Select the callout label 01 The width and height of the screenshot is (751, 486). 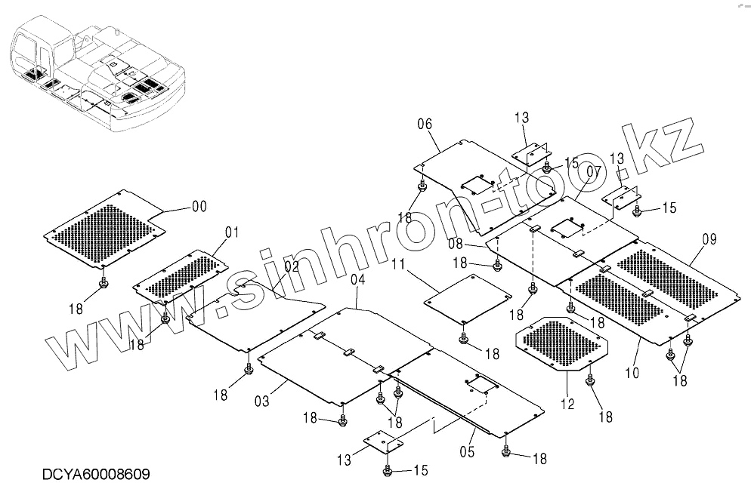[x=231, y=232]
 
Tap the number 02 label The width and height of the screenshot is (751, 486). [x=292, y=266]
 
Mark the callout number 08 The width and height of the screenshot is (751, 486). [x=708, y=240]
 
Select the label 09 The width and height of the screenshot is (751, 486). [x=632, y=372]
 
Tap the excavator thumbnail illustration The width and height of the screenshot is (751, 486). [x=104, y=284]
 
